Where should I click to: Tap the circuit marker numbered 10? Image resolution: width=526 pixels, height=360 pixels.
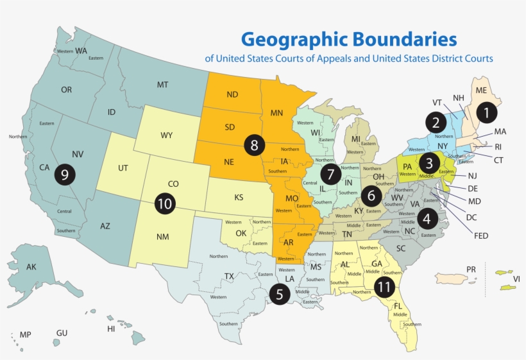[x=165, y=203]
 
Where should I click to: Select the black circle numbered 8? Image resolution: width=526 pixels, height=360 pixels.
[x=255, y=145]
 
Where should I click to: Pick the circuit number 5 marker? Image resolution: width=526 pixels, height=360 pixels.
[x=280, y=294]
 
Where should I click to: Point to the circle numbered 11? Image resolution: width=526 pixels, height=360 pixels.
[x=384, y=287]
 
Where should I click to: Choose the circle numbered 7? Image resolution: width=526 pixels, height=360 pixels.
[x=331, y=173]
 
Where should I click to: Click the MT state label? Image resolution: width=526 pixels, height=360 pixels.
[x=163, y=85]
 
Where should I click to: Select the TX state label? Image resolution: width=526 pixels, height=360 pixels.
[x=228, y=277]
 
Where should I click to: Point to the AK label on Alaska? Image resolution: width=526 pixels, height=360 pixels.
[x=31, y=267]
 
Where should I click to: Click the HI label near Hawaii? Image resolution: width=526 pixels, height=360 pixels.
[x=111, y=329]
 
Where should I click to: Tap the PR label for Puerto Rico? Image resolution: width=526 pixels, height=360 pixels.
[x=471, y=269]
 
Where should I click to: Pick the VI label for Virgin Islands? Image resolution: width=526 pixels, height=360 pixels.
[x=516, y=279]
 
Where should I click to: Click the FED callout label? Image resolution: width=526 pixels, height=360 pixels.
[x=480, y=236]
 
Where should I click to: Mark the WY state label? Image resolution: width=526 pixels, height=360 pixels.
[x=167, y=135]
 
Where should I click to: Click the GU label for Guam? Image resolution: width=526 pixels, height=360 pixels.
[x=62, y=334]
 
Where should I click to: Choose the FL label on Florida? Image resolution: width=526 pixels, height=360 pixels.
[x=398, y=306]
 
